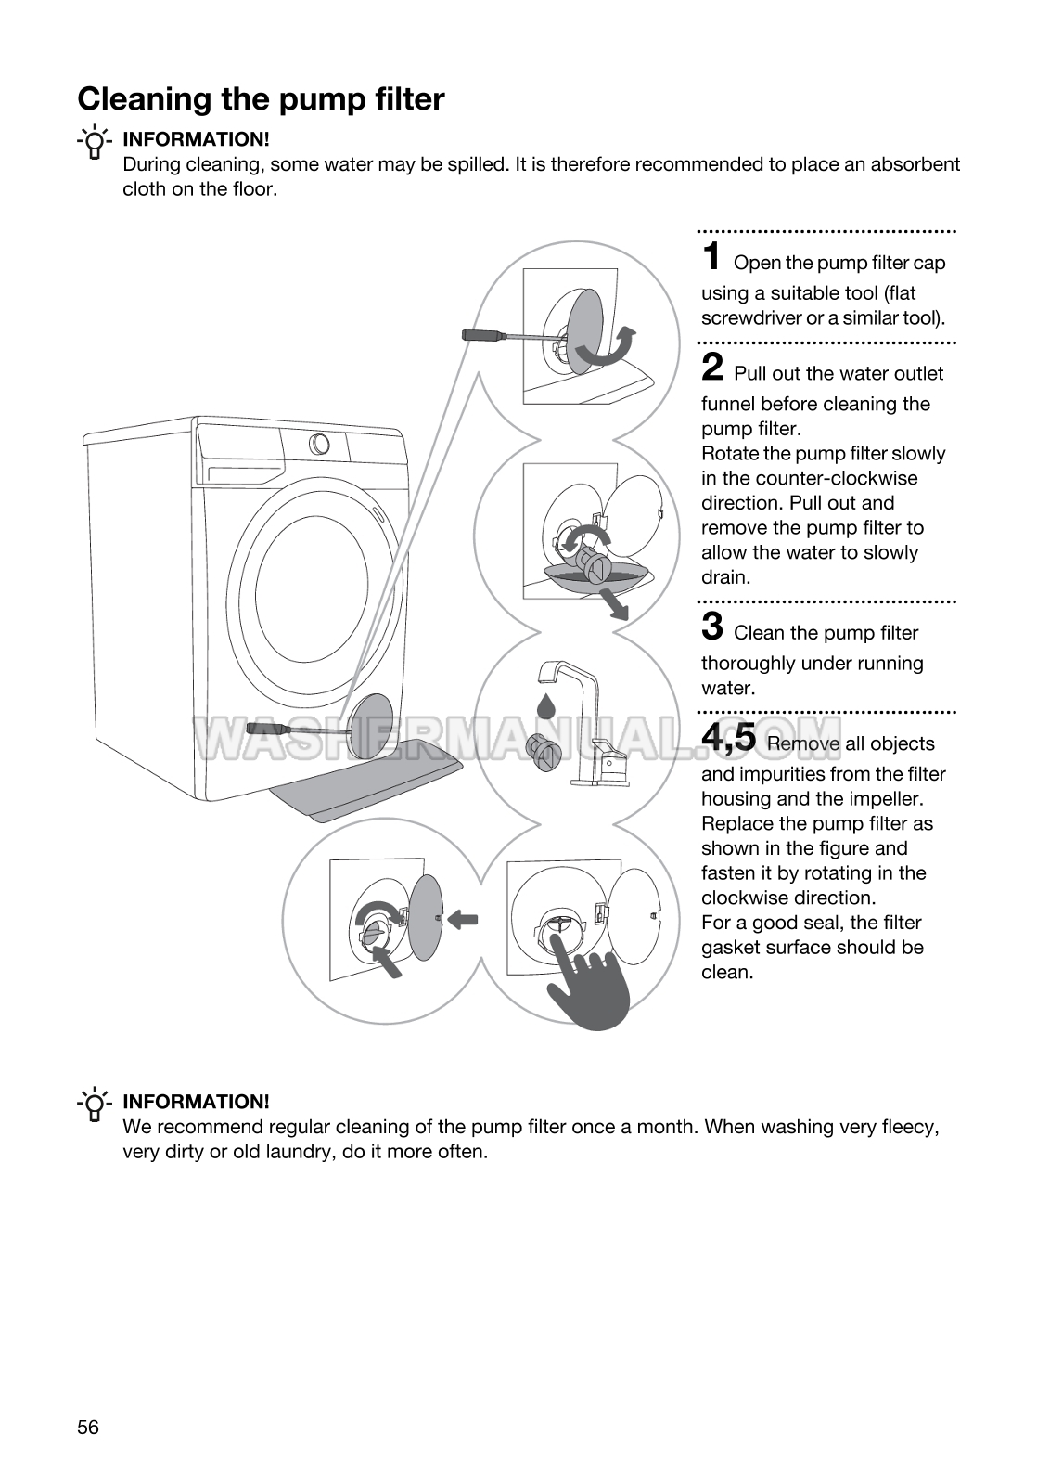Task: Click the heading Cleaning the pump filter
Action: pos(261,98)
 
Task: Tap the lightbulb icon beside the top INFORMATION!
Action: pos(94,142)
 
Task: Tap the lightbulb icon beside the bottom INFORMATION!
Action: pos(94,1105)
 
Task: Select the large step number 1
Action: pos(711,255)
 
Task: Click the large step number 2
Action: pos(712,367)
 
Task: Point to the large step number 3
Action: pos(712,626)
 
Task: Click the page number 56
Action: pos(88,1427)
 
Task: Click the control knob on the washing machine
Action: pos(319,444)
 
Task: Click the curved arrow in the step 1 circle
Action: pos(607,349)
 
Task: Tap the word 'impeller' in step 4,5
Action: pos(886,799)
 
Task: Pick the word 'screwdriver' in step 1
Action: pos(751,317)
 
